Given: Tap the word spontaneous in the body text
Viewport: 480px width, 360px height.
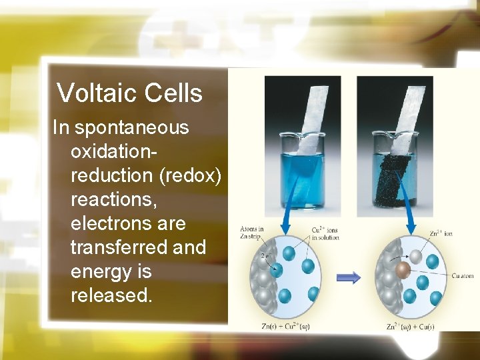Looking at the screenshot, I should [x=131, y=127].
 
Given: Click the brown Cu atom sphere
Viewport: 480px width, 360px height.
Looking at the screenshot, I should [x=402, y=270].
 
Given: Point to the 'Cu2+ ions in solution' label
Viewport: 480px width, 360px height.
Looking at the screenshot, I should [x=325, y=233].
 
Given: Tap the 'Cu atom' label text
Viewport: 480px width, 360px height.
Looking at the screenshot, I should [x=462, y=275].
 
